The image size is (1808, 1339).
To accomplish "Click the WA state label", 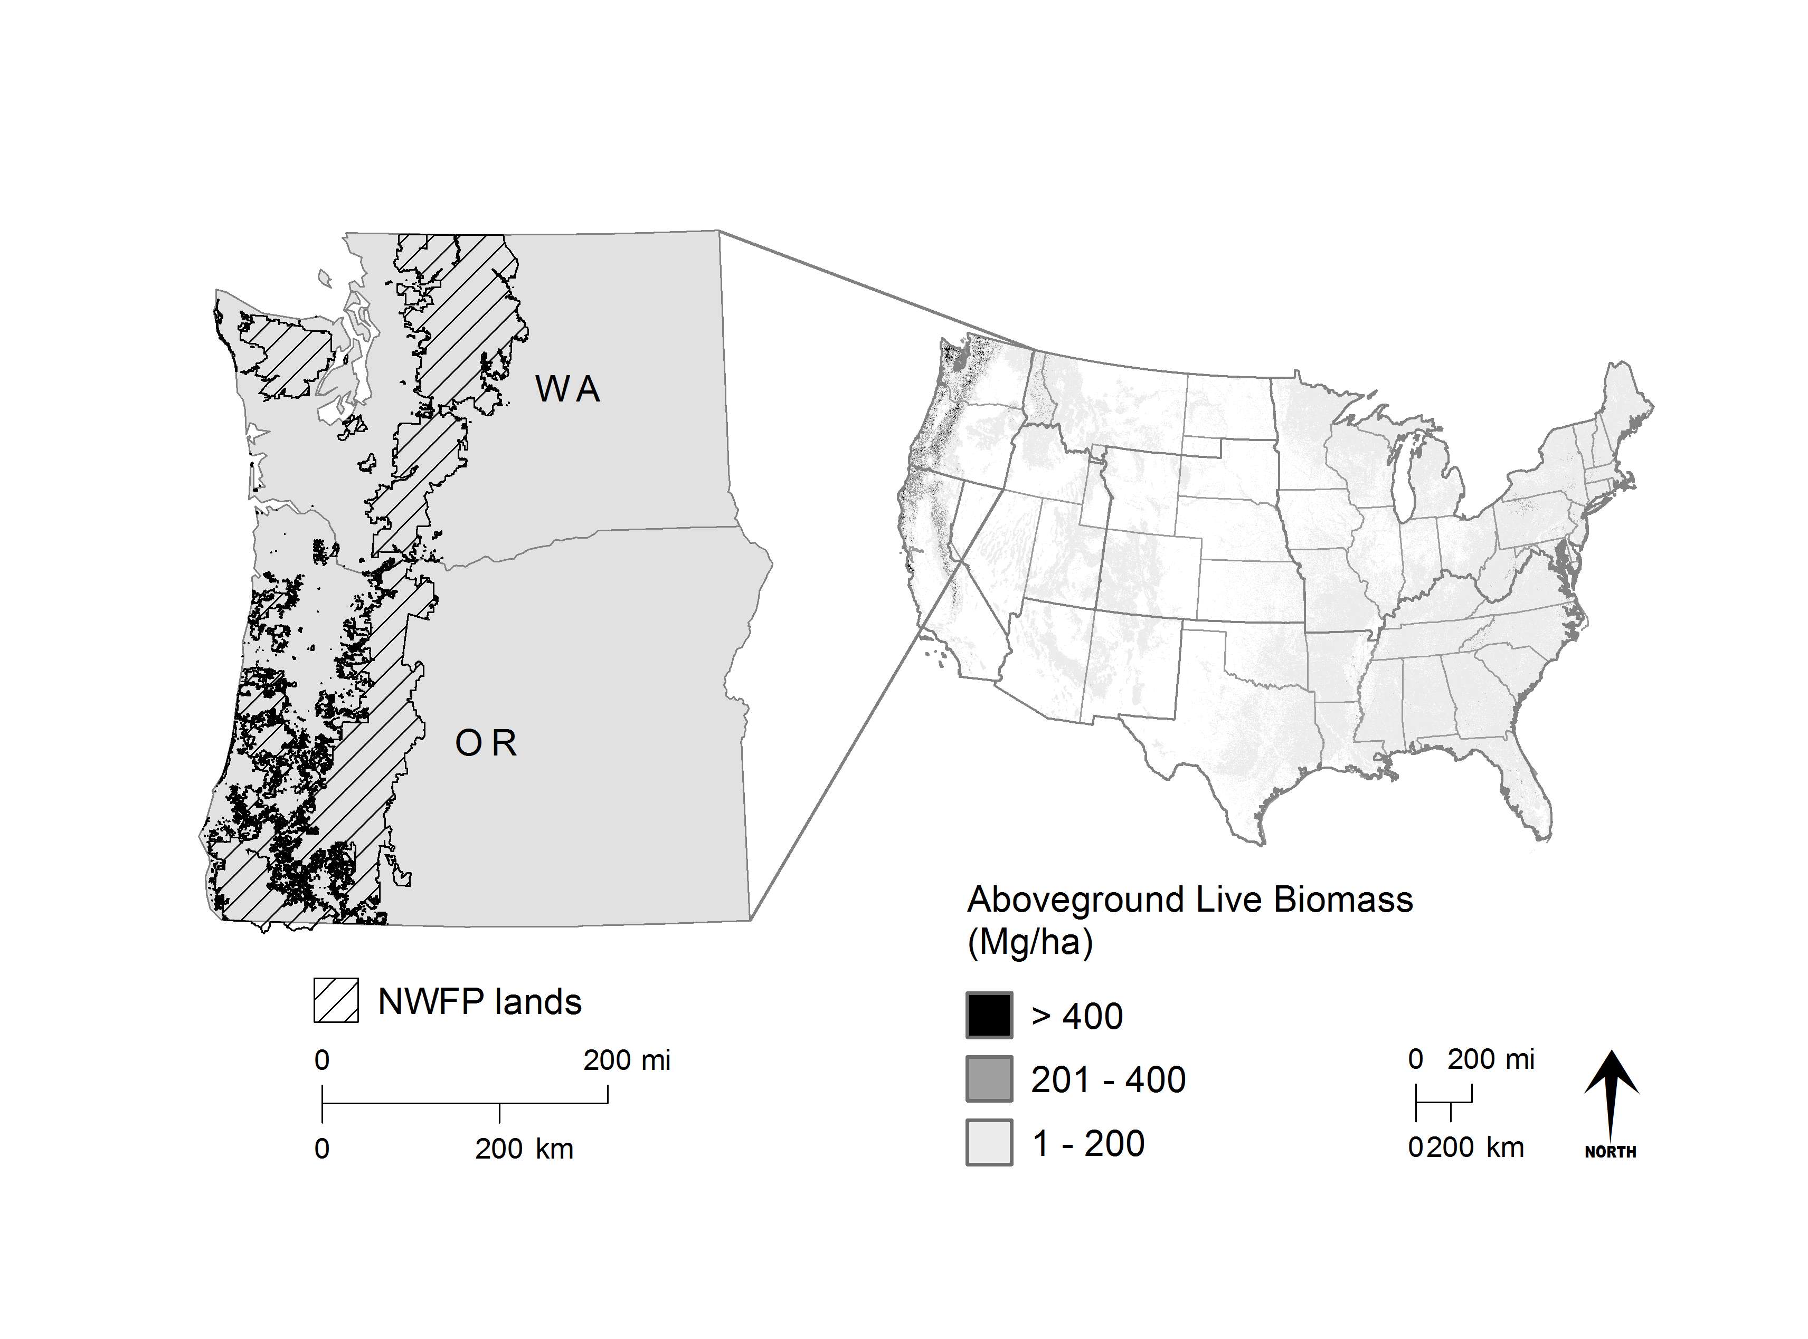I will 567,390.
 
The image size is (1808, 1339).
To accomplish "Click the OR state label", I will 486,744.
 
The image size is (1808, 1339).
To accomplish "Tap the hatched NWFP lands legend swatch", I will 336,1001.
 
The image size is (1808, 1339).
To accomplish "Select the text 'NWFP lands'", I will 479,1002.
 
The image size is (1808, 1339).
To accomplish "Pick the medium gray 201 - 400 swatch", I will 989,1079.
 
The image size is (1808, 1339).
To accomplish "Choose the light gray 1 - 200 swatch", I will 989,1142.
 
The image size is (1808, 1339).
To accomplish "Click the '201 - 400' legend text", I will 1107,1079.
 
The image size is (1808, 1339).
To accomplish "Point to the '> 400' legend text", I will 1077,1017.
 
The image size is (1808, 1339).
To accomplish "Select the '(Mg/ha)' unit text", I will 1030,943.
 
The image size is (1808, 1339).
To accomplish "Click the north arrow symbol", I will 1611,1094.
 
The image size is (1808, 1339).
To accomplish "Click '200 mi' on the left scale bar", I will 627,1060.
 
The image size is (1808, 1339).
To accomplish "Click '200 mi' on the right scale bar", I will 1490,1059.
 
